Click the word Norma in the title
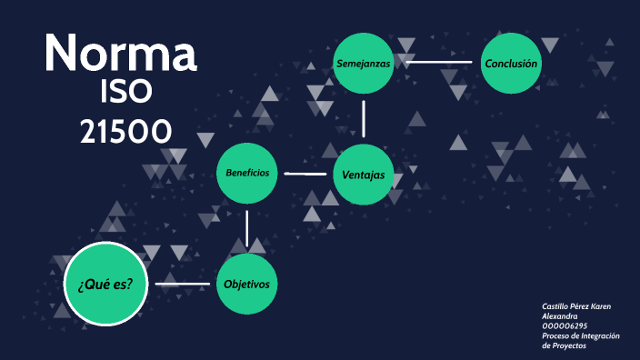pos(121,54)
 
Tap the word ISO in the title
pos(127,94)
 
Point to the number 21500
pos(125,133)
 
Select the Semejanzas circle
pos(364,64)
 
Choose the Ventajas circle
pos(364,175)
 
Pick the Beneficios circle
pos(247,173)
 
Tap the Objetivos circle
pos(247,284)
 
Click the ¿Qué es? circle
pos(105,284)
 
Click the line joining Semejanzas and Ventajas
pos(364,118)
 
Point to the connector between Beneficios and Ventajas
pos(305,173)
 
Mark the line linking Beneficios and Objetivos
pos(247,227)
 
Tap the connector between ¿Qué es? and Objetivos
pos(183,284)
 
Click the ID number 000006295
pos(565,325)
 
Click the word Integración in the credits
pos(602,335)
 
